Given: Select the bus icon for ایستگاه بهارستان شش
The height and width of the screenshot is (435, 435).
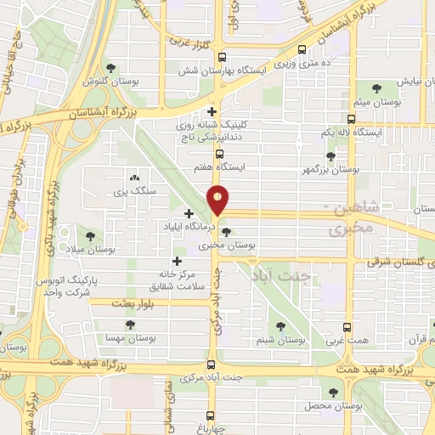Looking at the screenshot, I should [x=222, y=59].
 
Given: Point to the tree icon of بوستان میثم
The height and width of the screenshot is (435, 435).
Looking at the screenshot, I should [x=377, y=87].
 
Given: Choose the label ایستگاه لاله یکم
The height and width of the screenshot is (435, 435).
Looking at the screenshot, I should [x=348, y=134].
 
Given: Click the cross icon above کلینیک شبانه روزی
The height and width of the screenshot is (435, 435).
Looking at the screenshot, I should [x=212, y=110].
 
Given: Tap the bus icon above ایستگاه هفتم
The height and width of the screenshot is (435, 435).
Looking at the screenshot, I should [x=219, y=155].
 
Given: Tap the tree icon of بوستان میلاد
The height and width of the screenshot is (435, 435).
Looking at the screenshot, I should [x=91, y=212].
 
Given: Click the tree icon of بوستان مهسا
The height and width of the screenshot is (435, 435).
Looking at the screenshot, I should [x=130, y=325].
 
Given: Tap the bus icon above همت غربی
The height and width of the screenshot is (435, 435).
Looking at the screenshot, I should [x=347, y=327].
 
